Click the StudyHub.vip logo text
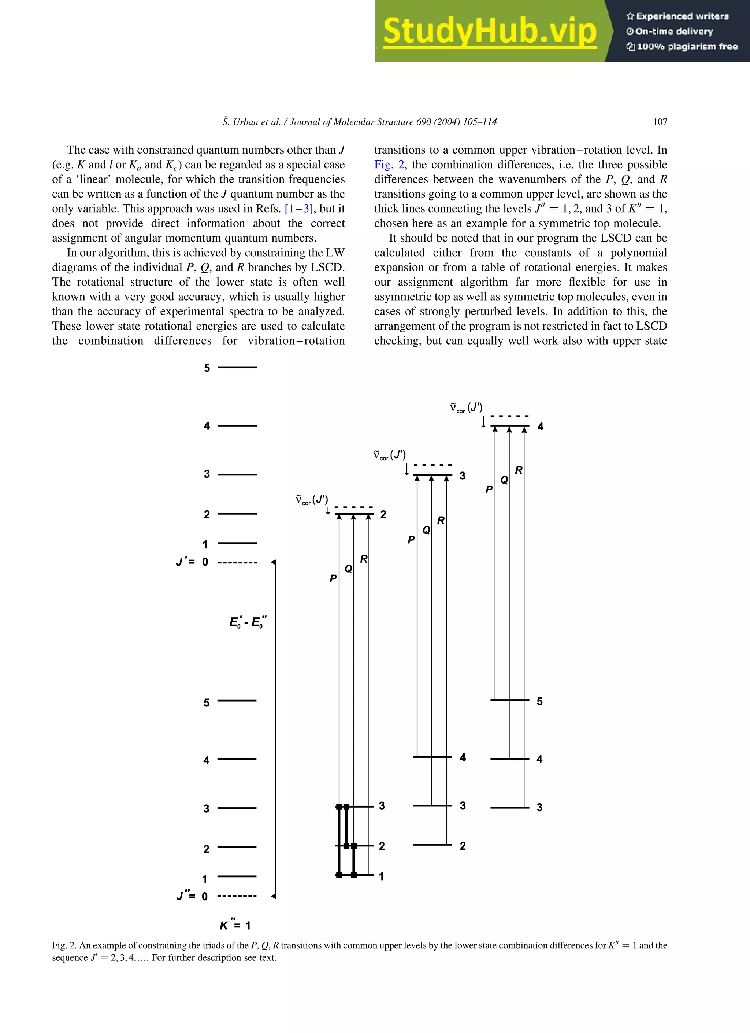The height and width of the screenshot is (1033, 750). (x=489, y=31)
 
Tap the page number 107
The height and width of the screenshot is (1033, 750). (x=660, y=122)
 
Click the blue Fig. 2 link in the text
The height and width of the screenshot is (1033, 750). (x=389, y=165)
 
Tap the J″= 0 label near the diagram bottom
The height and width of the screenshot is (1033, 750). (x=192, y=896)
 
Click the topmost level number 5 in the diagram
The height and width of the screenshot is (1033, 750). (x=207, y=368)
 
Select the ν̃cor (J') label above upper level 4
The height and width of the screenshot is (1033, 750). (x=466, y=408)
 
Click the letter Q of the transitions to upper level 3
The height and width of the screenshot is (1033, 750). (x=426, y=530)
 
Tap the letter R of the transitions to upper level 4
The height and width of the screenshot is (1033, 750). (x=518, y=470)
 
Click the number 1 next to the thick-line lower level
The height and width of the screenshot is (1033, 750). (x=381, y=876)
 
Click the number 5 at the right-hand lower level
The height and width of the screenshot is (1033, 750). (x=540, y=701)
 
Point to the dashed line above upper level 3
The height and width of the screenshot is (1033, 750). (x=432, y=465)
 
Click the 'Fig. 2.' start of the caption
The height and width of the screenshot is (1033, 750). (x=64, y=945)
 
